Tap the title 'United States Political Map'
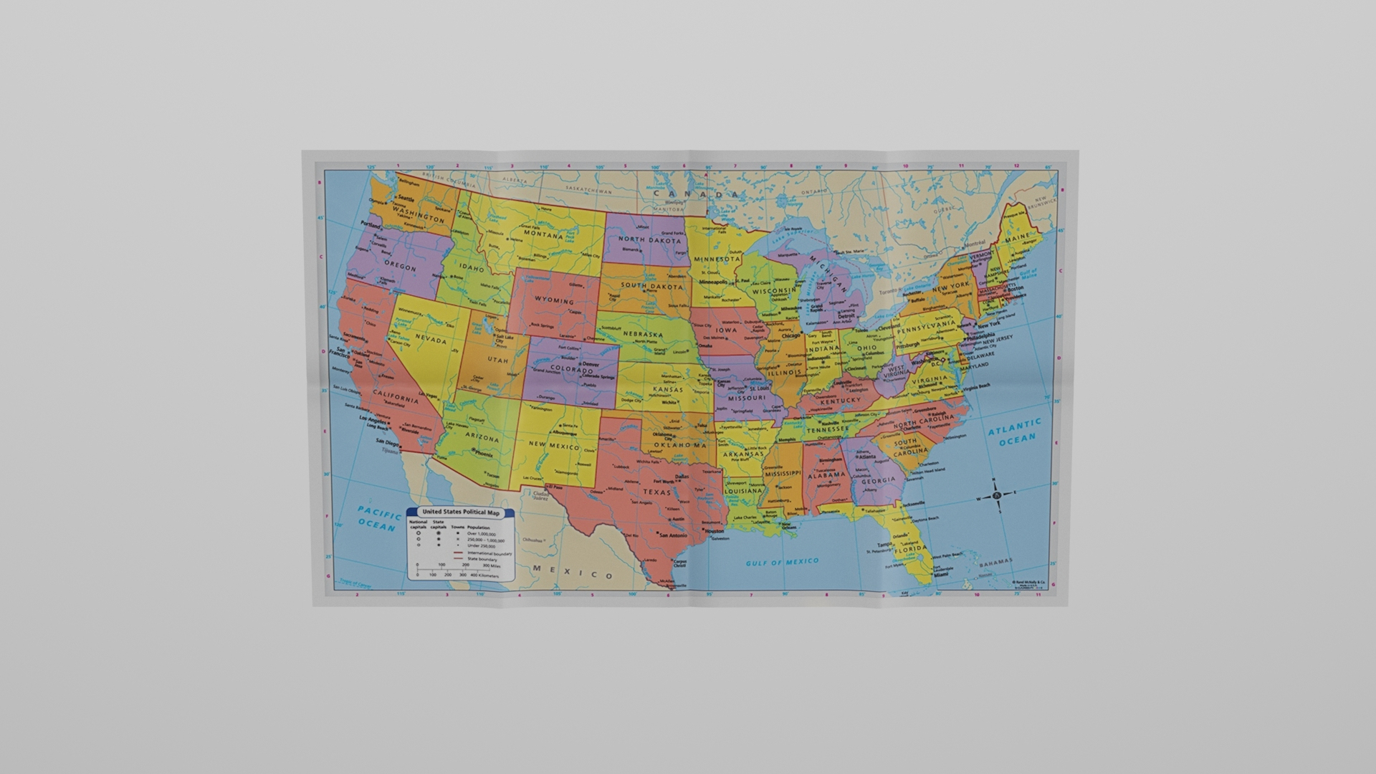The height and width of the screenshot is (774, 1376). click(460, 512)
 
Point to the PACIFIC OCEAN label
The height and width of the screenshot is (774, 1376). click(379, 519)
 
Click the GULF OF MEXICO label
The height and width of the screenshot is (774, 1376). click(782, 563)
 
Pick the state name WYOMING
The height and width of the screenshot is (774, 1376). click(554, 301)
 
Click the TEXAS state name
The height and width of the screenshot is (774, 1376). click(656, 492)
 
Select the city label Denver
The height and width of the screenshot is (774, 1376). click(591, 364)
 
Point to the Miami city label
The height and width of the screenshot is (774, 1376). click(941, 575)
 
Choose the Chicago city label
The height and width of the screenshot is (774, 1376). click(791, 335)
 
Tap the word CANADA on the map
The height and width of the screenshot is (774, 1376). click(694, 194)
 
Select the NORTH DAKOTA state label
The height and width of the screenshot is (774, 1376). click(650, 240)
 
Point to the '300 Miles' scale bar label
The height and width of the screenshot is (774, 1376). click(491, 565)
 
